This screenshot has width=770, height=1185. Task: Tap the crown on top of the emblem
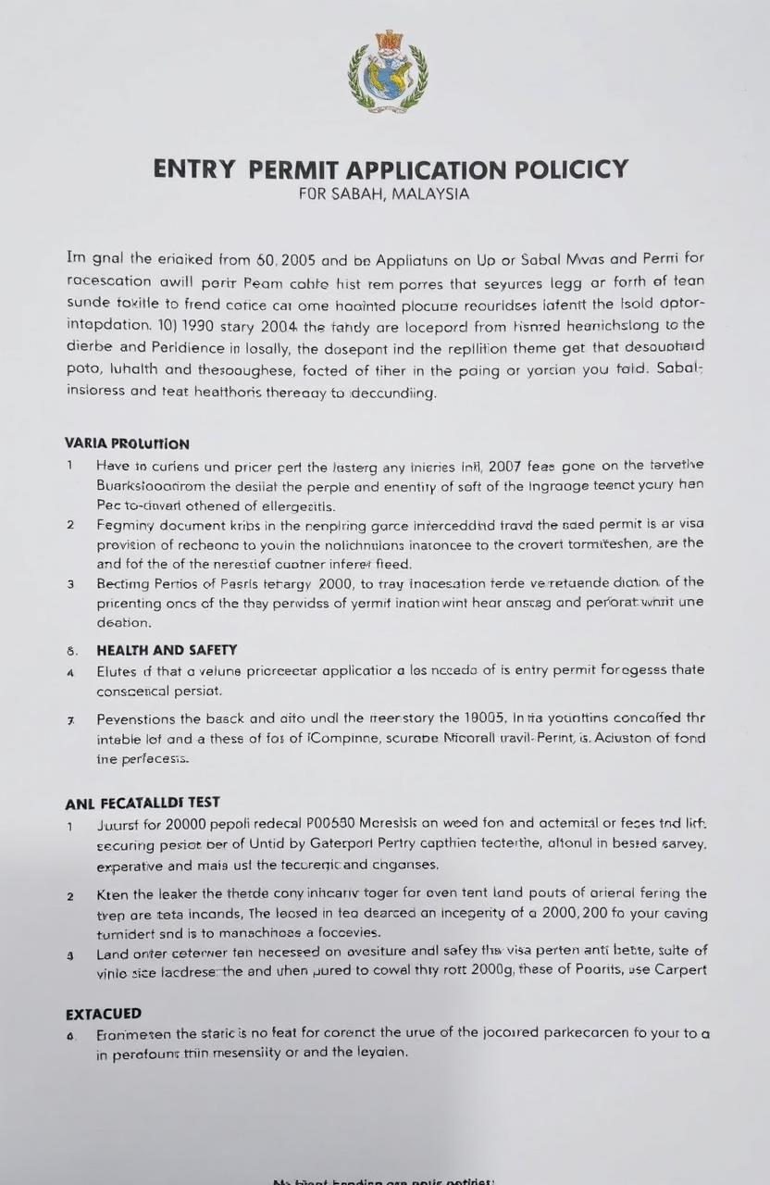coord(388,41)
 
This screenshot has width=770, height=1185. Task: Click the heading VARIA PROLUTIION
coord(128,443)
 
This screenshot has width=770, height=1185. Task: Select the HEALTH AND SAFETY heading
coord(167,650)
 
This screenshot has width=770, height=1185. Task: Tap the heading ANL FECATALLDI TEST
coord(143,803)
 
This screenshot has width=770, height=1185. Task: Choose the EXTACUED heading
coord(104,1014)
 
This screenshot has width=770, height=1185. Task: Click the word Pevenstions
coord(142,718)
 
